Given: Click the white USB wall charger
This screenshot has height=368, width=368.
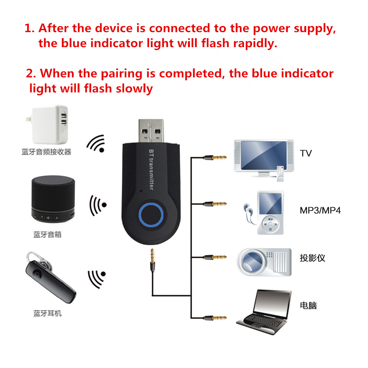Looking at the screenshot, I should pyautogui.click(x=50, y=126).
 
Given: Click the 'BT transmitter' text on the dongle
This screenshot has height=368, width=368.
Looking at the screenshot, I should pyautogui.click(x=151, y=170).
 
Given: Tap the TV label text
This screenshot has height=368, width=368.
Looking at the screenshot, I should pyautogui.click(x=305, y=153).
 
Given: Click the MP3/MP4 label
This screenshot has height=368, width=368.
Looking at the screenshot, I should pyautogui.click(x=320, y=211).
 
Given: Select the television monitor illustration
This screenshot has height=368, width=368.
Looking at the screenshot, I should pyautogui.click(x=263, y=156).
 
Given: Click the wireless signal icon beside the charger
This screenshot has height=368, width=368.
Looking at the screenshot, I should pyautogui.click(x=96, y=144).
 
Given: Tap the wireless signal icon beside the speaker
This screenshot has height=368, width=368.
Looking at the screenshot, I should pyautogui.click(x=98, y=205).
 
